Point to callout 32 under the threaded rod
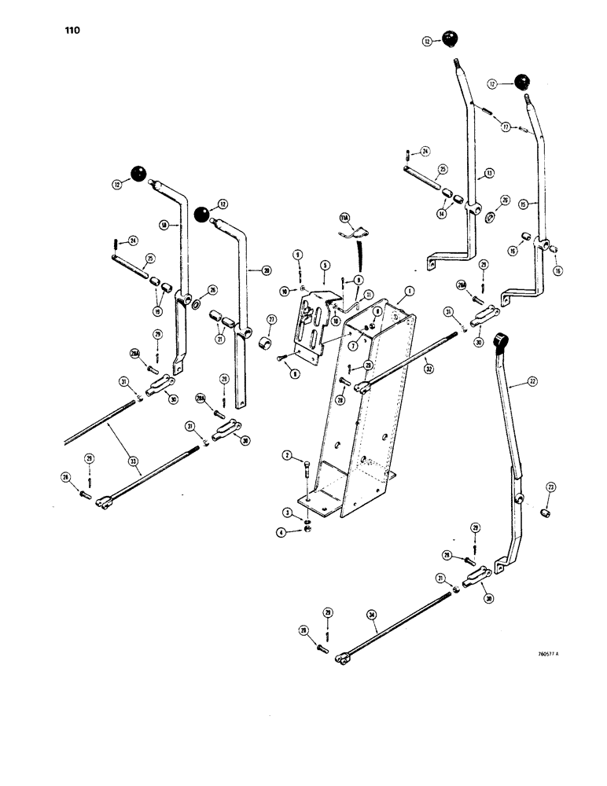pyautogui.click(x=429, y=367)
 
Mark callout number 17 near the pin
pyautogui.click(x=507, y=126)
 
